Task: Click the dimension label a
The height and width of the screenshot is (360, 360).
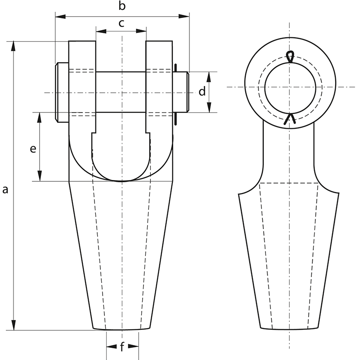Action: click(5, 190)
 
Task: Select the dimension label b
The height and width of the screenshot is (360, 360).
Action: click(121, 6)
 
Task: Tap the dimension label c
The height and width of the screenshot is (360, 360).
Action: click(121, 23)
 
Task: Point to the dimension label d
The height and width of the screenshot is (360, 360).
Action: click(202, 92)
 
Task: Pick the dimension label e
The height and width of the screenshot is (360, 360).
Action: click(32, 149)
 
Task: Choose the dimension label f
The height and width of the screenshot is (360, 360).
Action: click(122, 347)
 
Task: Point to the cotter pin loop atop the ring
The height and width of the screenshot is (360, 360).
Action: click(290, 56)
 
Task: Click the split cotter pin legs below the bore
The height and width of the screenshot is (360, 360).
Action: click(290, 119)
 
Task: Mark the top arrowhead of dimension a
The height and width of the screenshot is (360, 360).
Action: click(15, 45)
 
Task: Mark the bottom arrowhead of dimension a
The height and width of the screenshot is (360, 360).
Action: click(15, 327)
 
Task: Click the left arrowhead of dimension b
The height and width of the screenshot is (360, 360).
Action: click(58, 17)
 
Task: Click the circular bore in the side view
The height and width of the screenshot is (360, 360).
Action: click(290, 87)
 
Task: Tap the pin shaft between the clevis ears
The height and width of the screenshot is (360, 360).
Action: click(121, 92)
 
